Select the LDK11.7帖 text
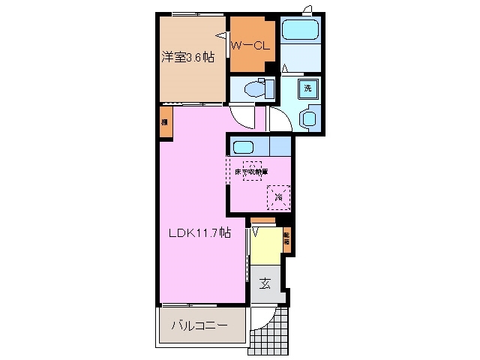tap(198, 233)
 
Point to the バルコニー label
tap(199, 326)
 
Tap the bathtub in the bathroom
tap(302, 31)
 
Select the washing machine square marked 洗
tap(307, 88)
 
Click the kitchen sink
tap(248, 145)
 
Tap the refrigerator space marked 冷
tap(278, 196)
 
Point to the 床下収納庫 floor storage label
tap(250, 171)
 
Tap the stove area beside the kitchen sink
tap(280, 145)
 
